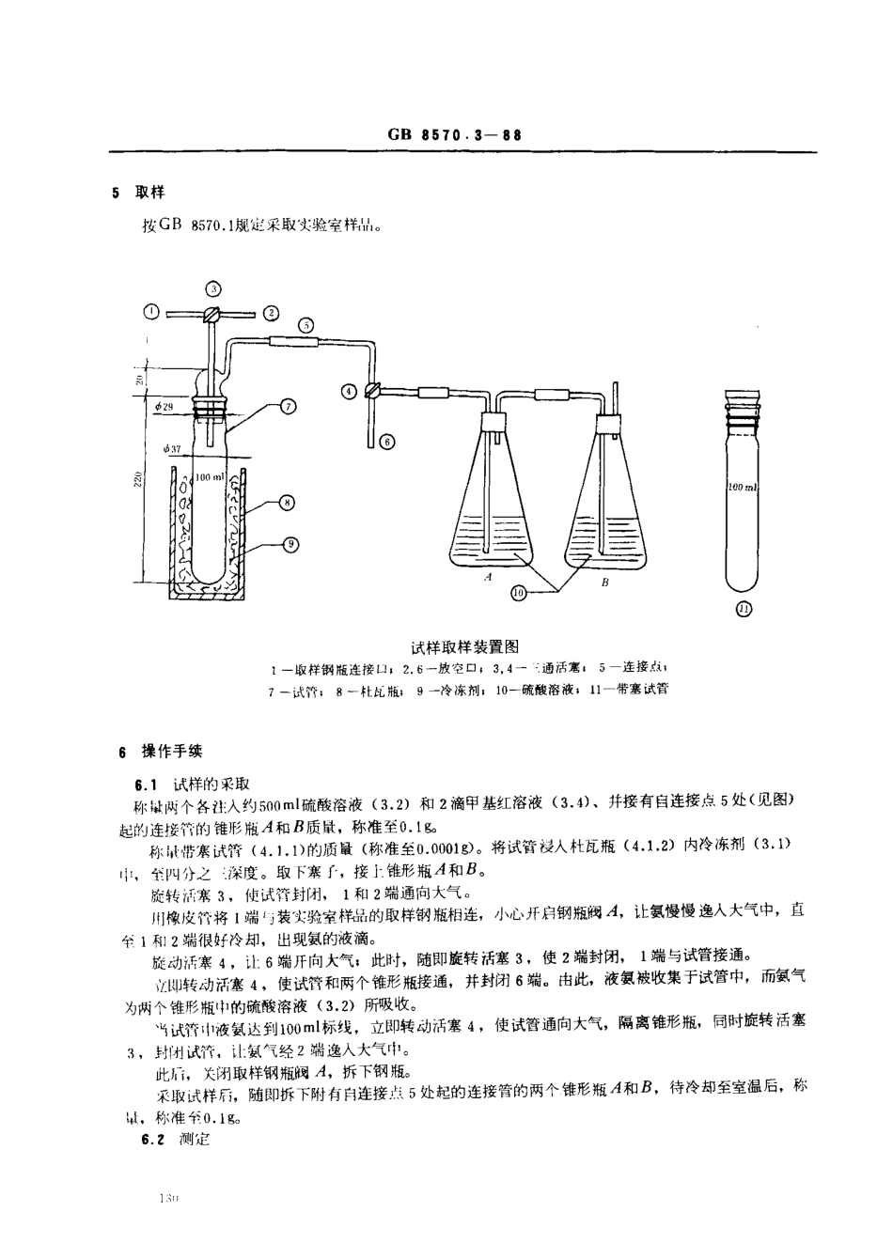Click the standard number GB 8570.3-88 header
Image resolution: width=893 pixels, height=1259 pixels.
[x=454, y=134]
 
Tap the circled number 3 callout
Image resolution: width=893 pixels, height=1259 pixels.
[x=213, y=288]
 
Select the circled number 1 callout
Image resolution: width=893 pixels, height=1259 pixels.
[x=151, y=313]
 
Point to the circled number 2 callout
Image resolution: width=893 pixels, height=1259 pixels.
[x=270, y=313]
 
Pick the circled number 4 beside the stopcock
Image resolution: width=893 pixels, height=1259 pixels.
[x=349, y=390]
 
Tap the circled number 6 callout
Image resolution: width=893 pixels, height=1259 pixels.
[x=387, y=440]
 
